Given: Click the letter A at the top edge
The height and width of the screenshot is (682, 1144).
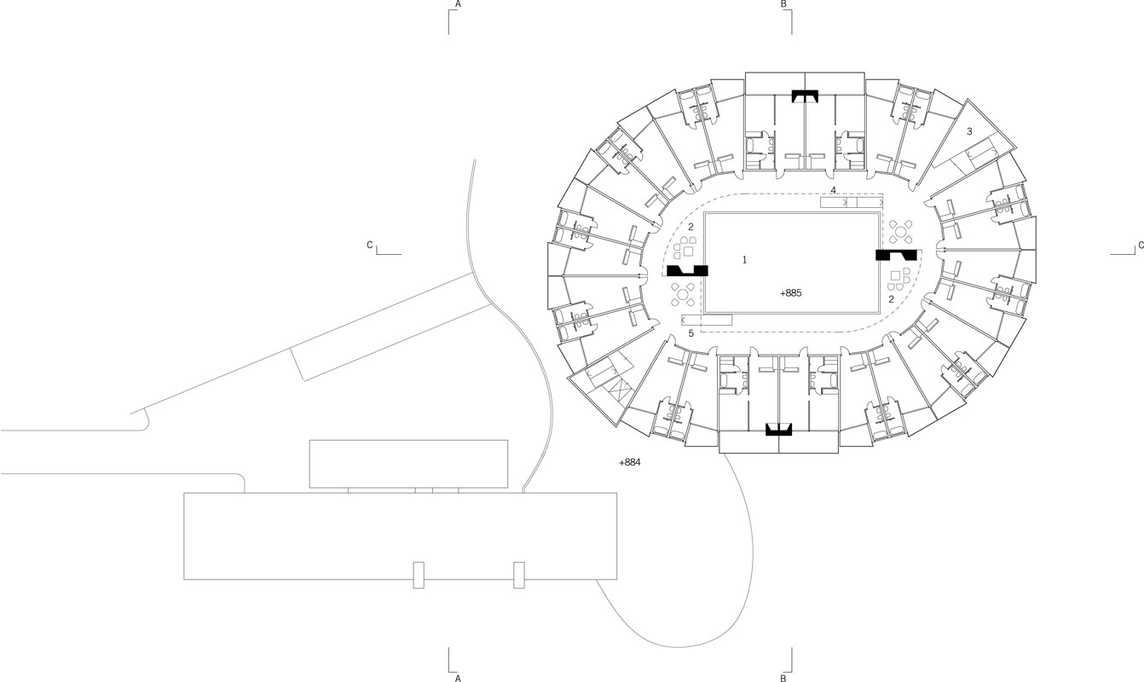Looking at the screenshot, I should (x=458, y=4).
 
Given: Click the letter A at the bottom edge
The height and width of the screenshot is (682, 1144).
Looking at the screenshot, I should (x=458, y=679).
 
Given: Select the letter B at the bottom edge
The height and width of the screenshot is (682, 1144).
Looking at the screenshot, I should (x=783, y=679).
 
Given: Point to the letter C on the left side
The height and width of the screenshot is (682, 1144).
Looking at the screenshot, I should (x=370, y=246).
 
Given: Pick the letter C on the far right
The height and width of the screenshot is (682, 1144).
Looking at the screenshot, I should (x=1140, y=246).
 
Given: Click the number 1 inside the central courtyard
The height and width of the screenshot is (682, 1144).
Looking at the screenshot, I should (x=744, y=258).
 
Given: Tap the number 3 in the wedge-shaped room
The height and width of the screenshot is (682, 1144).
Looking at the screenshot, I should (x=969, y=131).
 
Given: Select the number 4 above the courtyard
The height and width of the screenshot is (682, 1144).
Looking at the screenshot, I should (x=833, y=189).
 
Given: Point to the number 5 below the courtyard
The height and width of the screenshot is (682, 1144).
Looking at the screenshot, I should (x=691, y=332).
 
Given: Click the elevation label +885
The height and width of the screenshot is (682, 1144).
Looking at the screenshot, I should (x=791, y=292).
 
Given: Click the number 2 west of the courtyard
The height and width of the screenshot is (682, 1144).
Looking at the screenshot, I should (x=691, y=227).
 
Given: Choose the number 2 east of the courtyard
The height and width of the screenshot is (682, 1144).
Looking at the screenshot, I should (x=891, y=299).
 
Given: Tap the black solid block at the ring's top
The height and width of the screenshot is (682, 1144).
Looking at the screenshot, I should (x=805, y=95).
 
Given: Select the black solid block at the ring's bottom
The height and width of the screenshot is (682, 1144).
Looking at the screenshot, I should (x=779, y=430).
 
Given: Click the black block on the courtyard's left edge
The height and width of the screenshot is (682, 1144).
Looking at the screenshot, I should (x=687, y=271).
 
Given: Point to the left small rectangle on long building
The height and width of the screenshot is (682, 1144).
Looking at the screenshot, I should (x=418, y=575).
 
